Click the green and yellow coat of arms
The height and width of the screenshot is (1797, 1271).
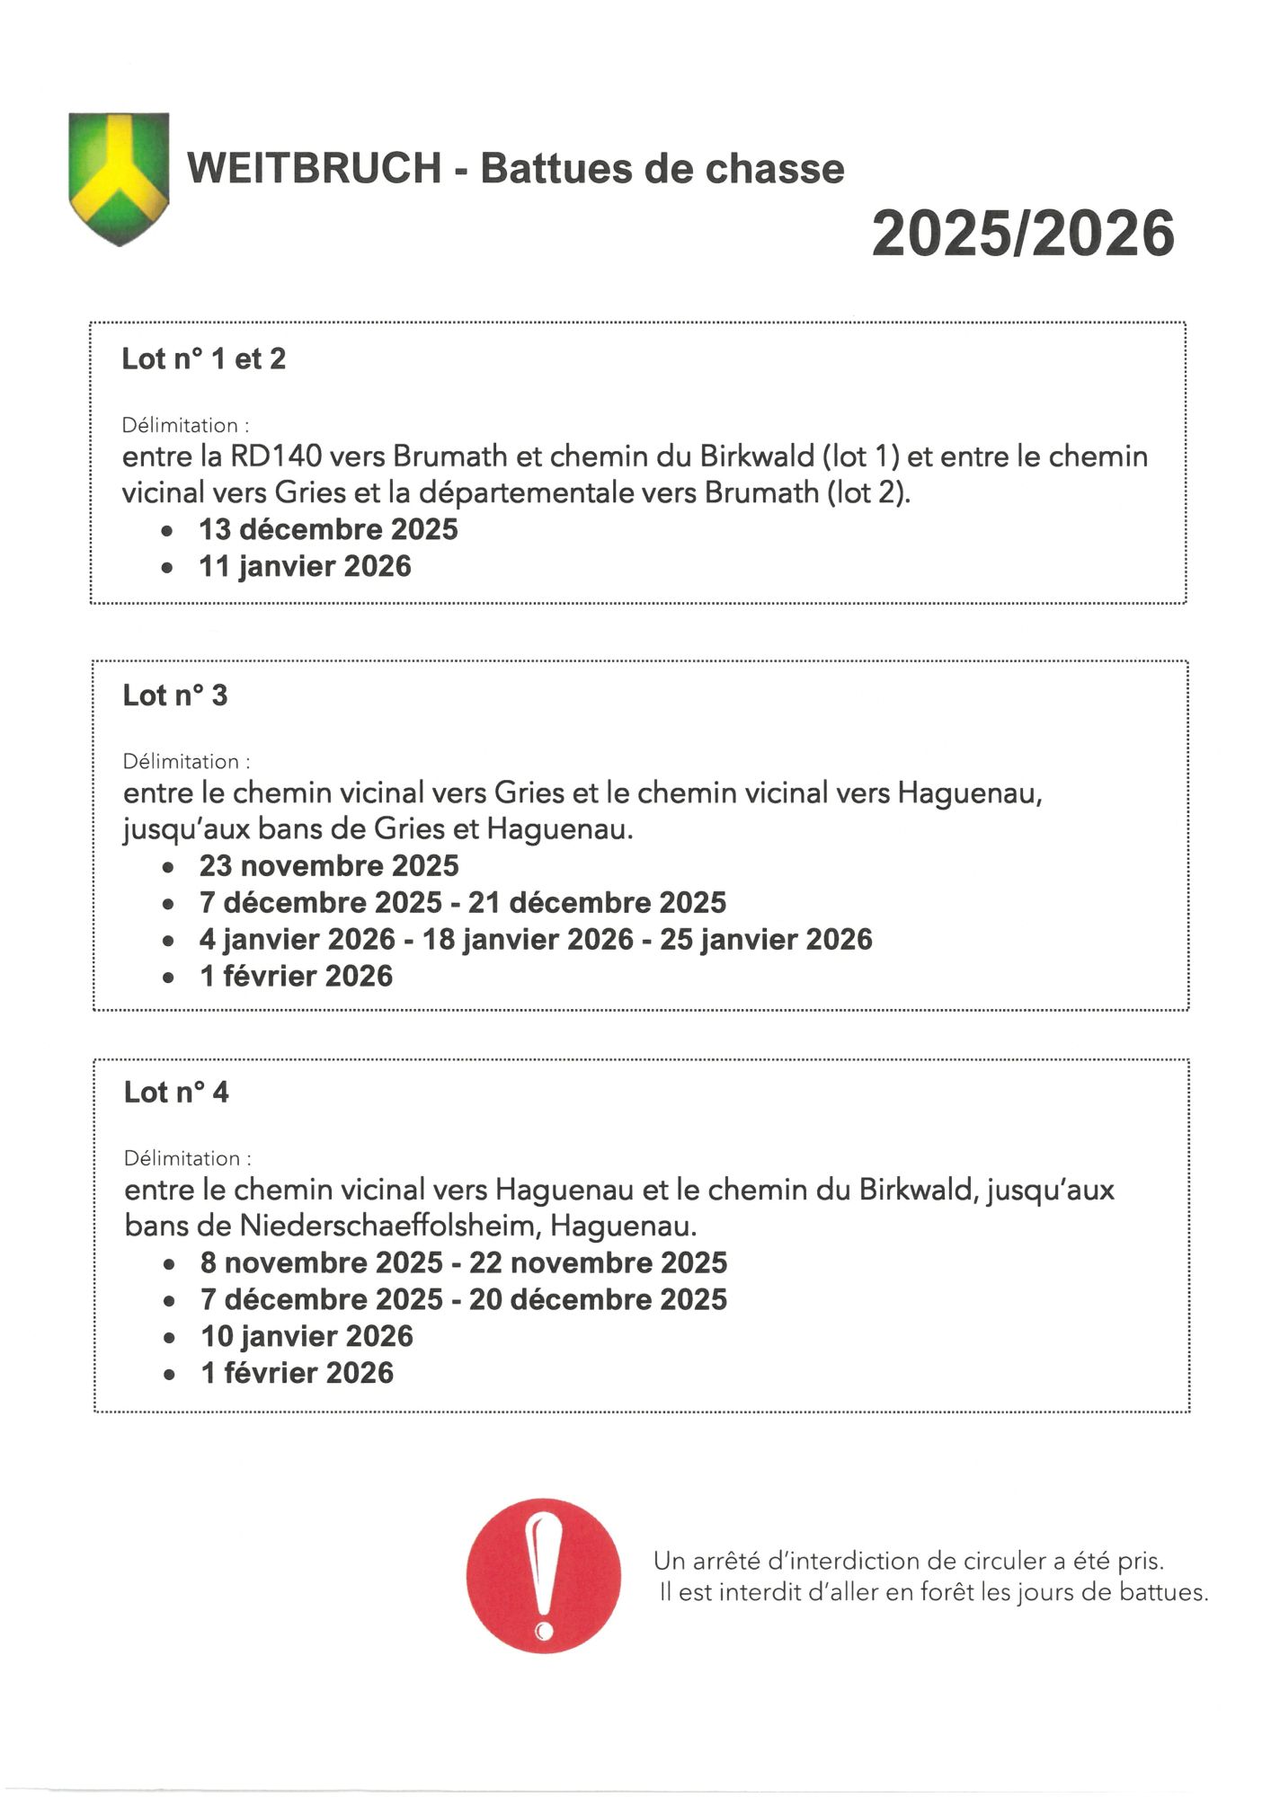coord(119,178)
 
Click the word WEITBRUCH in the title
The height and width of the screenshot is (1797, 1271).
coord(314,169)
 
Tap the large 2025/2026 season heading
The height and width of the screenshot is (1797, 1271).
coord(1023,234)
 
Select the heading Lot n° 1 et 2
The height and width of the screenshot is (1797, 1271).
coord(204,359)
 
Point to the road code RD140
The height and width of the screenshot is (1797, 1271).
coord(276,456)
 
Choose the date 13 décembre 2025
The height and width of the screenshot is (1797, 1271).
coord(328,529)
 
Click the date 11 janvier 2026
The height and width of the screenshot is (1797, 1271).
coord(305,566)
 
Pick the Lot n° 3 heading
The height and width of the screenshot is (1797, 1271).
coord(175,695)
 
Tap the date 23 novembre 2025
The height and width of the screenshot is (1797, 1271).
coord(329,865)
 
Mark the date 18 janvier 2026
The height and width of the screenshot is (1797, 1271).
coord(528,939)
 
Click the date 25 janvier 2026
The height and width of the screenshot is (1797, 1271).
coord(766,939)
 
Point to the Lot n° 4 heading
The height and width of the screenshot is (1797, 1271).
coord(176,1093)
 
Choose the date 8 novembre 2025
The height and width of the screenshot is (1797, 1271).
coord(322,1262)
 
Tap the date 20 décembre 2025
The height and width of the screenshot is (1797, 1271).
coord(598,1299)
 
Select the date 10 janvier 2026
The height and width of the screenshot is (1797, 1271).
coord(307,1336)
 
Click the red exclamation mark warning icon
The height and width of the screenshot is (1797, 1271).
coord(544,1575)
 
